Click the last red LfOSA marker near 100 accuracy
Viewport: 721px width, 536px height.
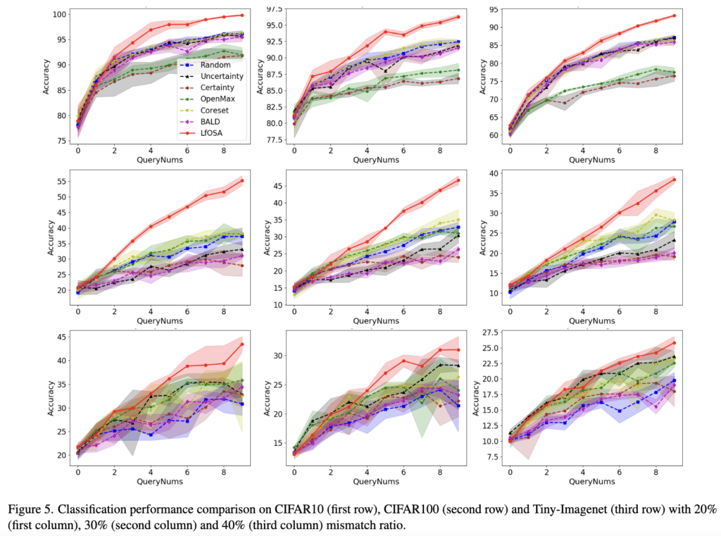click(x=242, y=15)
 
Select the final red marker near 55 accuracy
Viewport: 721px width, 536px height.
click(x=242, y=180)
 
